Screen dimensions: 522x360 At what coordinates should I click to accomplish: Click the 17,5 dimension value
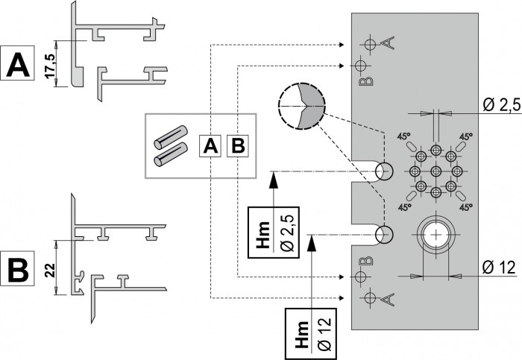pyautogui.click(x=51, y=66)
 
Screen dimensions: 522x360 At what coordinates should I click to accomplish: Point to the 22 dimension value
pyautogui.click(x=50, y=270)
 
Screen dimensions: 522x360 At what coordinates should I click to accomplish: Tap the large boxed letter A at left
pyautogui.click(x=17, y=63)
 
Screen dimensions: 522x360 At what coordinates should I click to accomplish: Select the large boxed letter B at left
pyautogui.click(x=17, y=268)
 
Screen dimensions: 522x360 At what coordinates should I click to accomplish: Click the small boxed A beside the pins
pyautogui.click(x=210, y=146)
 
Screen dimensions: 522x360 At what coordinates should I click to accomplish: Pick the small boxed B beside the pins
pyautogui.click(x=238, y=146)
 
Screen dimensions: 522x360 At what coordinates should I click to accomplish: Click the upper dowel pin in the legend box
pyautogui.click(x=170, y=136)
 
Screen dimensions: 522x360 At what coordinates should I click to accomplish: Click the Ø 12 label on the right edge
pyautogui.click(x=499, y=267)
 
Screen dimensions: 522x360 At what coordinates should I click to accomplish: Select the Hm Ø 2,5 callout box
pyautogui.click(x=274, y=233)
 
